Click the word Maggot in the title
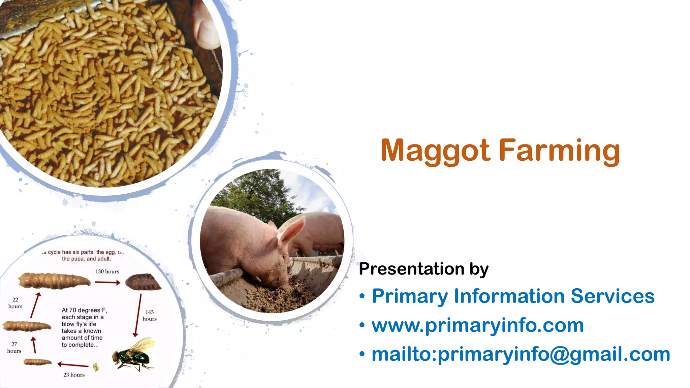435,151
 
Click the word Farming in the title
559,151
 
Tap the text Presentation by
424,269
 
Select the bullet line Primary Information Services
513,296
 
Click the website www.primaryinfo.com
477,325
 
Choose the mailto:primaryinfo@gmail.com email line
521,354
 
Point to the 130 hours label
107,271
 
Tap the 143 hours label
149,316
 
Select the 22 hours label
15,303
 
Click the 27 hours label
14,347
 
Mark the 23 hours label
74,375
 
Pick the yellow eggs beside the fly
96,367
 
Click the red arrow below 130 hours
107,283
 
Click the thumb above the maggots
206,27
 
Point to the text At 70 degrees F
84,310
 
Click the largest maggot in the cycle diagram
54,281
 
